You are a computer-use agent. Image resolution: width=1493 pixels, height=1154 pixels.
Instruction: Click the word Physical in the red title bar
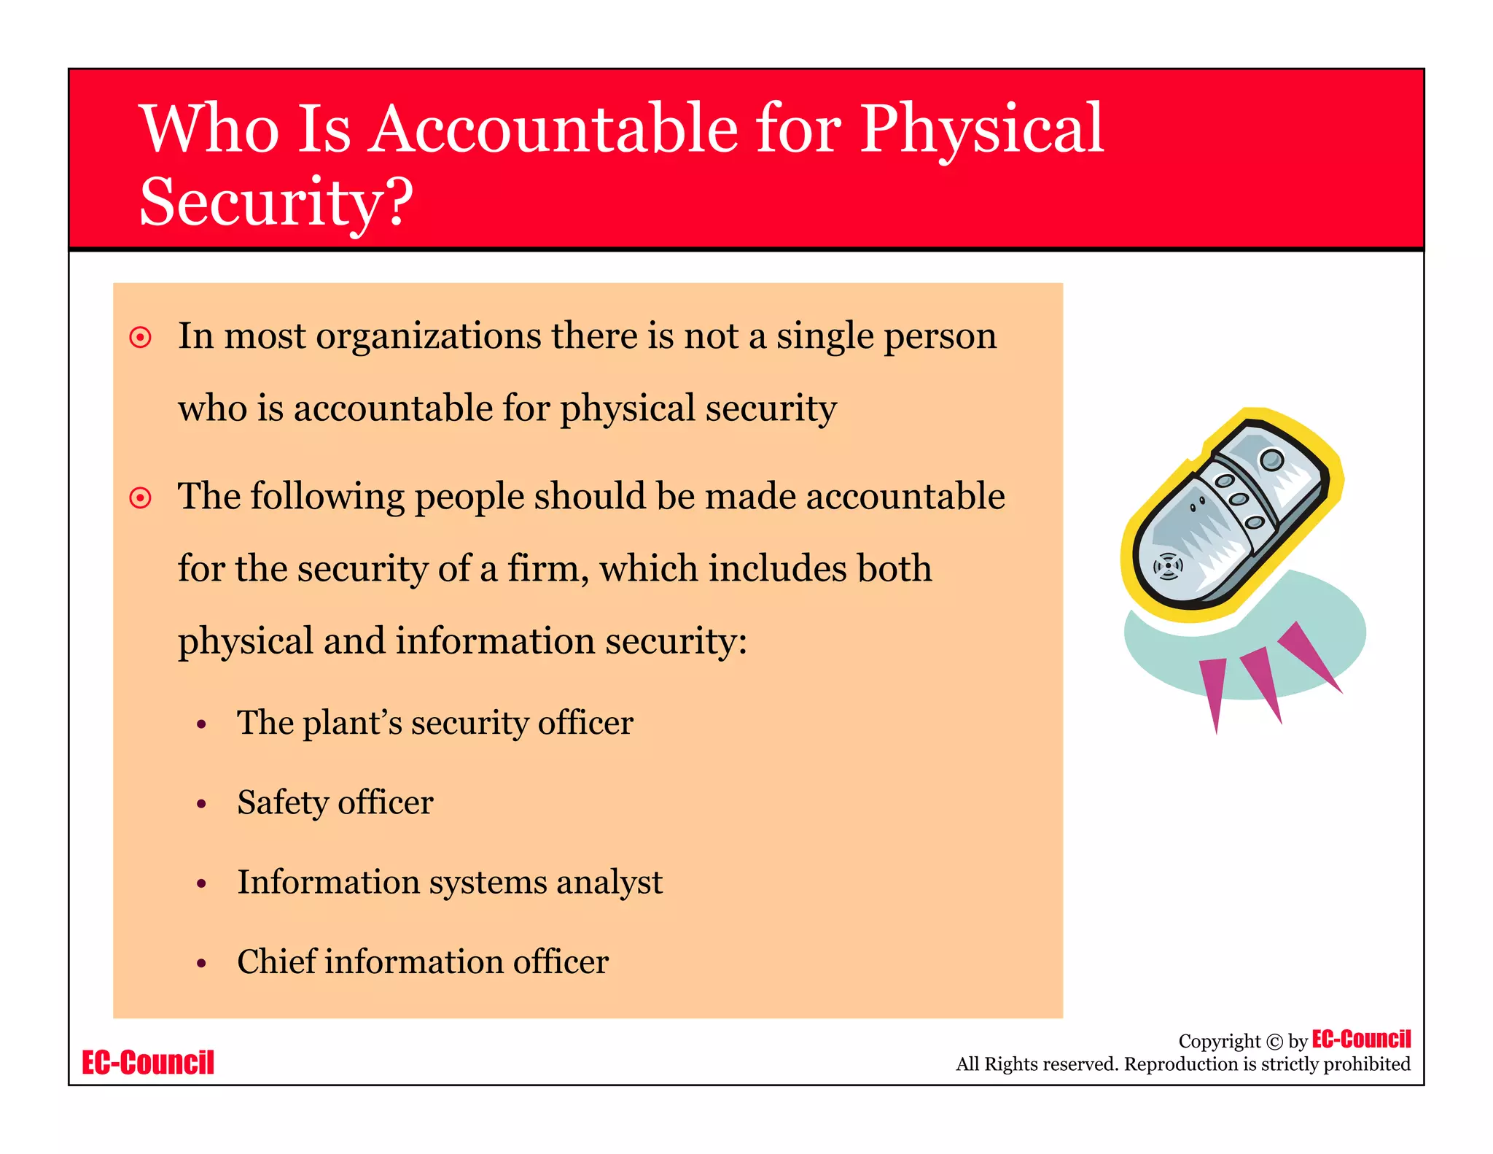point(981,130)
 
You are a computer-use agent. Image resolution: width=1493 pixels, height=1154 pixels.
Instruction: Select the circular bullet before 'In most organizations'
point(140,337)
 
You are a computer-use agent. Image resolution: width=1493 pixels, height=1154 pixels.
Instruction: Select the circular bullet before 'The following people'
point(140,497)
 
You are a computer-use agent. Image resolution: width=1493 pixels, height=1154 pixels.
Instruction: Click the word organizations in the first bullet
point(427,337)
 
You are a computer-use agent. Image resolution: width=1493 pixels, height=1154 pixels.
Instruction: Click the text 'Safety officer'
point(335,802)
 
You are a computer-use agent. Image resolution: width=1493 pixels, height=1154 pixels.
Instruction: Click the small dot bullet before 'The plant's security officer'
point(202,724)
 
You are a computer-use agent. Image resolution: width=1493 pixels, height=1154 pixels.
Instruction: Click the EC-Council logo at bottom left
point(148,1062)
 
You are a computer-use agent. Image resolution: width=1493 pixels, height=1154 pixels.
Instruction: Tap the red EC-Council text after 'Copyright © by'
point(1360,1039)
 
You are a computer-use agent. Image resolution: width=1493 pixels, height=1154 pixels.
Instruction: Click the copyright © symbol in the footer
point(1274,1042)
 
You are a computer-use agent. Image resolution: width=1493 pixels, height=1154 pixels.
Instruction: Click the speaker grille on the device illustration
point(1168,566)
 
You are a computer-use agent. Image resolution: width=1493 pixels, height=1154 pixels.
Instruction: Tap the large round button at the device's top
point(1272,460)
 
